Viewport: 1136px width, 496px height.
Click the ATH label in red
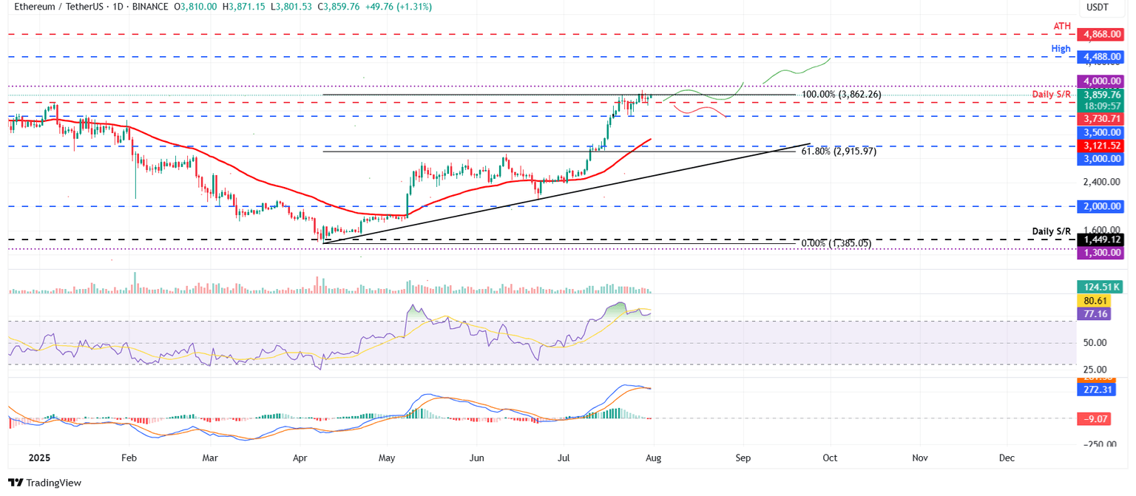[1062, 26]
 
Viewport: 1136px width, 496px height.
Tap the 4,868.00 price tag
[1101, 34]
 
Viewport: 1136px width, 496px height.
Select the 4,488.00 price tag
[1101, 56]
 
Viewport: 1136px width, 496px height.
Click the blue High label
[1061, 48]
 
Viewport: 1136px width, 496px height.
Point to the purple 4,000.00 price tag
[1101, 81]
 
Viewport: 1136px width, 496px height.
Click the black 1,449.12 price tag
[1101, 239]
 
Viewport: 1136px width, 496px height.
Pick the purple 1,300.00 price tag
[1101, 253]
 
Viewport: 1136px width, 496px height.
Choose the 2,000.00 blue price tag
[1101, 206]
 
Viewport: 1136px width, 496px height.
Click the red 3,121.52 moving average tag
[1101, 146]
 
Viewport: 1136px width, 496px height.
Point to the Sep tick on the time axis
[743, 458]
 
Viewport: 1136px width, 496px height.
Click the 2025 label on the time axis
[38, 458]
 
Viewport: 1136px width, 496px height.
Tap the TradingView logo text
[54, 483]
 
